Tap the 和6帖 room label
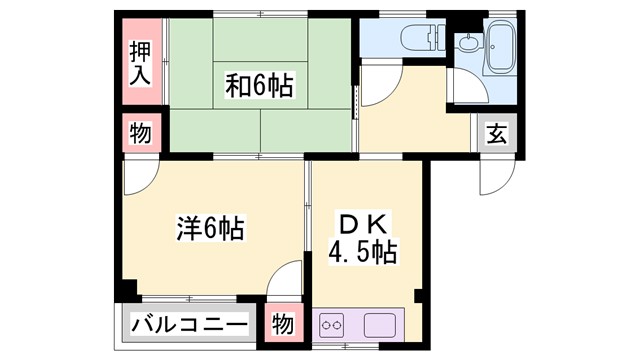259,86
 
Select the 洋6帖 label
210,228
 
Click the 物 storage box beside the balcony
284,325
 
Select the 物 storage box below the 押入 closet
140,134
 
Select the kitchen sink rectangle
381,325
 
